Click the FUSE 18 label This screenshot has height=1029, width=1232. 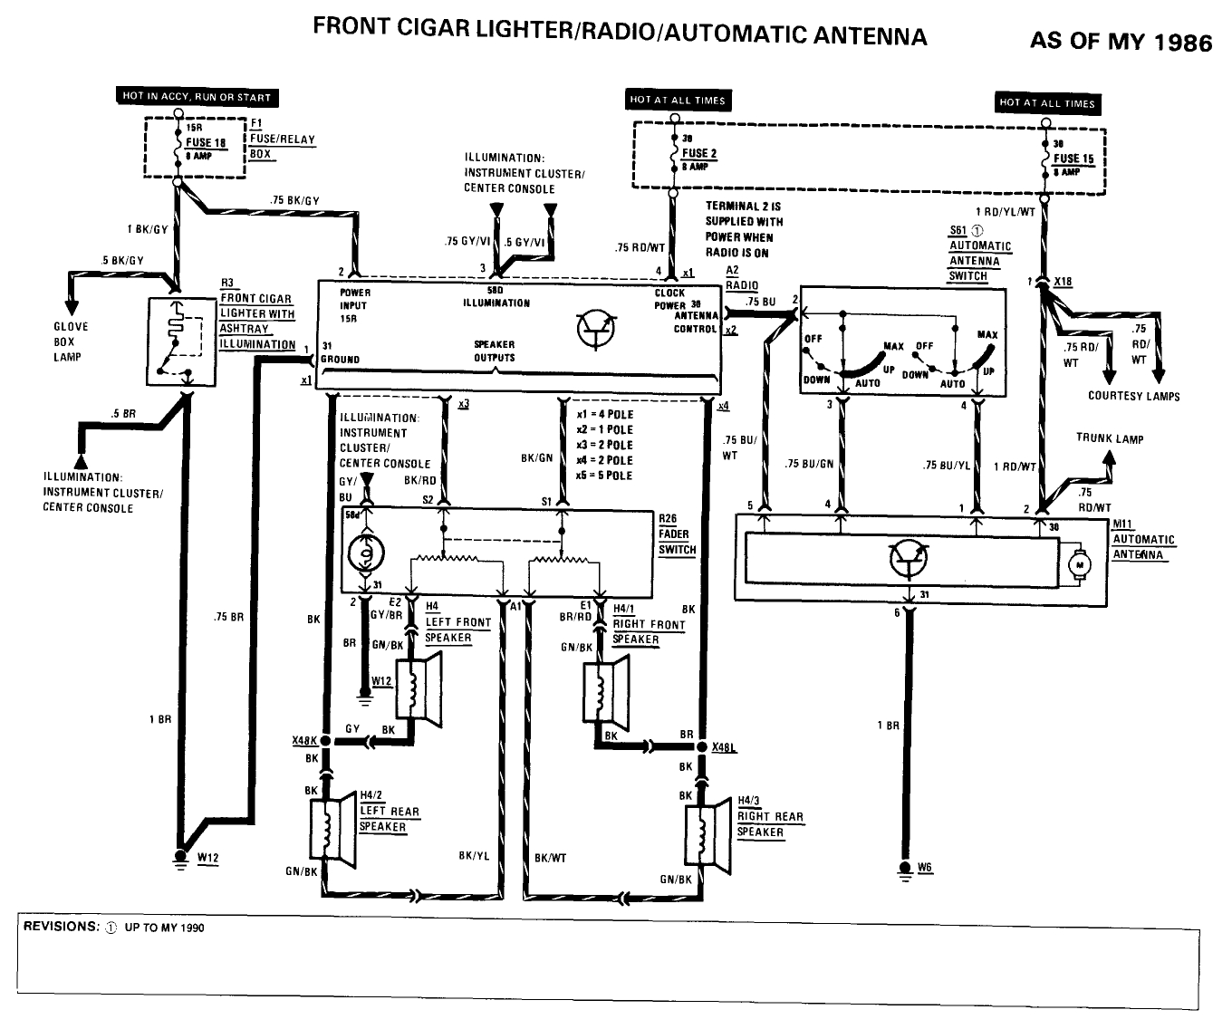207,142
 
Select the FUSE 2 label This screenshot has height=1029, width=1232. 698,153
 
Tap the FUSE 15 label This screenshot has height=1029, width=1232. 1073,159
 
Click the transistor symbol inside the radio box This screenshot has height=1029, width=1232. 595,330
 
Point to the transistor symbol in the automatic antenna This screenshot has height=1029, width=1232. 909,559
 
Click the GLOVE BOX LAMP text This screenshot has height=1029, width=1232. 70,341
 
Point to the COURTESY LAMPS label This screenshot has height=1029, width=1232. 1133,396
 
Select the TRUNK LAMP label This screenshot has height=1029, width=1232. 1109,438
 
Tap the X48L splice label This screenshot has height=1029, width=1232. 725,747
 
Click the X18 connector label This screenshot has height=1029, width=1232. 1063,282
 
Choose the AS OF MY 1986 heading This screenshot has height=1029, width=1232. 1120,42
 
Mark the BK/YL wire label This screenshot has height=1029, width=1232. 474,856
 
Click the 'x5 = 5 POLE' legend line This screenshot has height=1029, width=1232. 605,476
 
